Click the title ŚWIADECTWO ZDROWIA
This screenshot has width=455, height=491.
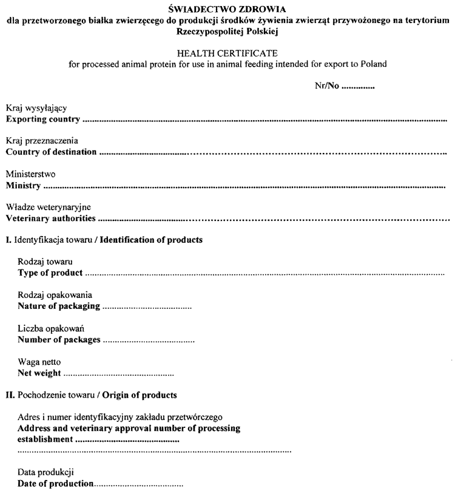pos(227,10)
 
